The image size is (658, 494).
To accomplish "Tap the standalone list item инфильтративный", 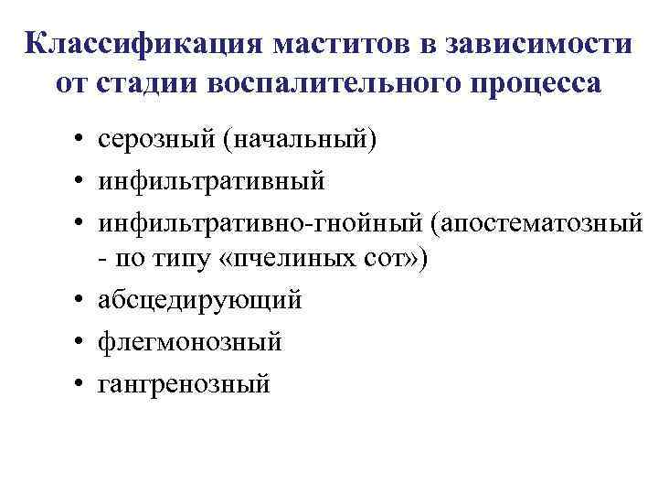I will [x=213, y=183].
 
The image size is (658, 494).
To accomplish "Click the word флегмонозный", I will [x=191, y=342].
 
